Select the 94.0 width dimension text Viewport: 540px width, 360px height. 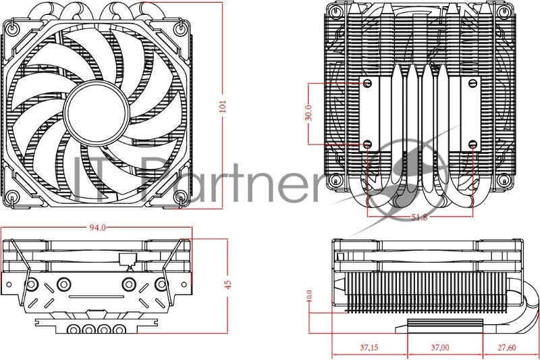click(x=98, y=228)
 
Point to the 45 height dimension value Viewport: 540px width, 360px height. click(x=227, y=283)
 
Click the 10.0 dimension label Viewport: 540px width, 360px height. click(x=309, y=296)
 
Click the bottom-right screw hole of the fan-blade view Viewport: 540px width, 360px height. click(x=179, y=197)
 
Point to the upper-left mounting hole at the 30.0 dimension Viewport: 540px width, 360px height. click(x=367, y=83)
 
